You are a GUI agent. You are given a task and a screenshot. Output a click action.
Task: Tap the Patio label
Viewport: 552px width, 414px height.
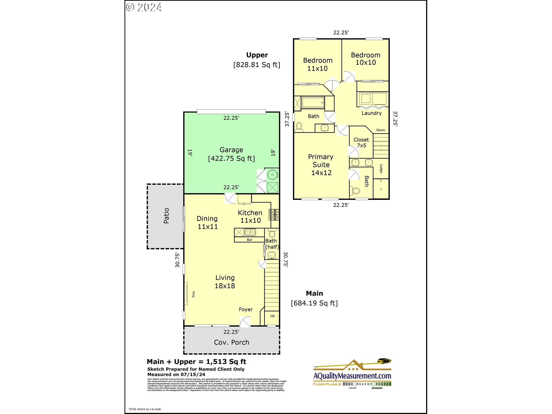pos(166,216)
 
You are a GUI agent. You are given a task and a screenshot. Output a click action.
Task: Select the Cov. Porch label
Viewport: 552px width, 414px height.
pos(231,342)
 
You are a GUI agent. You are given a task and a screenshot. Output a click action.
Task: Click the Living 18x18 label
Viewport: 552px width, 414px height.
pos(225,282)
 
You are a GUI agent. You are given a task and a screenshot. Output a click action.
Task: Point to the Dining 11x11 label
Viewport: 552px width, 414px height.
pos(207,223)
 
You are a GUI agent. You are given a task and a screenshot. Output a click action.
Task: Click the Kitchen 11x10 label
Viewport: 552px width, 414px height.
pos(250,216)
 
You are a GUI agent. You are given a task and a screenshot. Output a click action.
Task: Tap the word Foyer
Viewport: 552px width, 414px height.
pos(246,309)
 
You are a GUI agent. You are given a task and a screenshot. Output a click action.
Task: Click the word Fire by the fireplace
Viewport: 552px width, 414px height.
pos(193,294)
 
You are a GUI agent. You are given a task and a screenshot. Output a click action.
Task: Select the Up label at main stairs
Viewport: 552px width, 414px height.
pos(272,316)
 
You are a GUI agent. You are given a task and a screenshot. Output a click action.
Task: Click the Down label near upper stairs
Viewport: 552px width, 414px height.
pos(380,130)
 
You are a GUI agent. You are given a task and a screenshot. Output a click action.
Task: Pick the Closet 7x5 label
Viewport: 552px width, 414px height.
pos(361,142)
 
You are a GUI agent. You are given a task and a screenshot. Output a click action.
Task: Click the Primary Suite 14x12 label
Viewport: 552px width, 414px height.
pos(321,165)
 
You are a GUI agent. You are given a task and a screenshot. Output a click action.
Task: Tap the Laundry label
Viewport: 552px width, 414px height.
pos(371,113)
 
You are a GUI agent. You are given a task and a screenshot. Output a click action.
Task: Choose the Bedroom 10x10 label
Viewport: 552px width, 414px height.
pos(365,59)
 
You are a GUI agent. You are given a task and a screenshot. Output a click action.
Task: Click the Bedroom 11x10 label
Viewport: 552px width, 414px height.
pos(318,64)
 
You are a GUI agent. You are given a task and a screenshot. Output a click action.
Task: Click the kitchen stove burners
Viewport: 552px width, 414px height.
pos(274,215)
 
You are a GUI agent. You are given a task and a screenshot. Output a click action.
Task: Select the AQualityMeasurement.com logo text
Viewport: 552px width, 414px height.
pos(352,376)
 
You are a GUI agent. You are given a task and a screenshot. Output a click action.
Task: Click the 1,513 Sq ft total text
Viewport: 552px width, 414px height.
pos(226,362)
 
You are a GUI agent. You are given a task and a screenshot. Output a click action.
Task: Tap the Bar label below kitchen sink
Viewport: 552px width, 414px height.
pos(250,240)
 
